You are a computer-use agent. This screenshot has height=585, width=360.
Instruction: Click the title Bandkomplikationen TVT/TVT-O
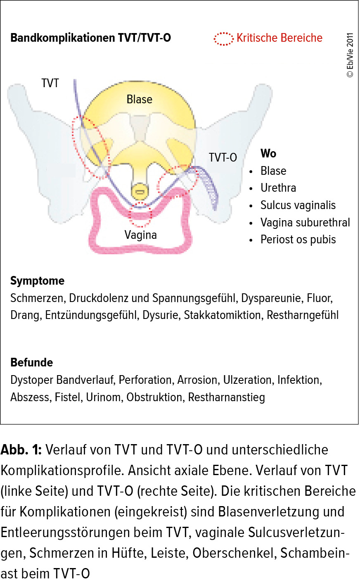tap(90, 38)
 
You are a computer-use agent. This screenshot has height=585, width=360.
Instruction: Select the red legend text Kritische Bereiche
tap(279, 38)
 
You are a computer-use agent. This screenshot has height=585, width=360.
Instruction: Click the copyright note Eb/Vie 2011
tap(350, 55)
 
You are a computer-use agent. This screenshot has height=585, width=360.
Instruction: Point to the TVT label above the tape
tap(50, 83)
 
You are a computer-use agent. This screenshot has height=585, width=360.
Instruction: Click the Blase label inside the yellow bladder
tap(140, 99)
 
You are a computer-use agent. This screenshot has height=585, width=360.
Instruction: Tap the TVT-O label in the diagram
tap(223, 157)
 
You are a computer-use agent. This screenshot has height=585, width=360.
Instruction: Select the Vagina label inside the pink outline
tap(140, 235)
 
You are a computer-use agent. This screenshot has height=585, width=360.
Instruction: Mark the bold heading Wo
tap(268, 153)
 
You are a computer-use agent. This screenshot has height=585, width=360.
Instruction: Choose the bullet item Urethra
tap(278, 188)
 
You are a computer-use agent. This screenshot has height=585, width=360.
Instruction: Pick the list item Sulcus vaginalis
tap(298, 205)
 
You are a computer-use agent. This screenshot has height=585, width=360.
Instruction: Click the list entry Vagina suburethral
tap(305, 223)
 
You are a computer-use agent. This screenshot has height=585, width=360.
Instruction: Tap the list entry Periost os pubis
tap(298, 240)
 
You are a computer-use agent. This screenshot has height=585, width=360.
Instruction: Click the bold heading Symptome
tap(37, 281)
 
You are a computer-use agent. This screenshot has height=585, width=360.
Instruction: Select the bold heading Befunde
tap(32, 362)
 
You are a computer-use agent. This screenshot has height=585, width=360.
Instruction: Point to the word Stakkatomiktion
tap(223, 315)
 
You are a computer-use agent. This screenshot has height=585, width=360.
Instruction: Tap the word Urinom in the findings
tap(104, 397)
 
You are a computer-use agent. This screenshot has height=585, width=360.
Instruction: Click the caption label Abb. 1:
tap(21, 450)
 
